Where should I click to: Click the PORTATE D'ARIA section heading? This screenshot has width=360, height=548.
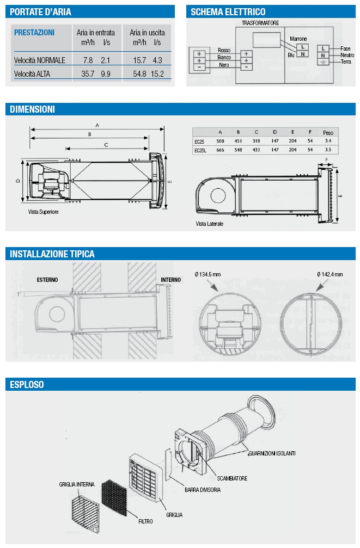pos(40,11)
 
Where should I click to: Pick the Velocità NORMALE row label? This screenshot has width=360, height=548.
pos(40,60)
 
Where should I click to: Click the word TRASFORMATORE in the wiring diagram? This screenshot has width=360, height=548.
pos(260,23)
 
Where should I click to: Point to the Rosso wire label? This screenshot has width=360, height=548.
pos(224,50)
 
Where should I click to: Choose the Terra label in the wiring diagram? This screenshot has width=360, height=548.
pos(346,62)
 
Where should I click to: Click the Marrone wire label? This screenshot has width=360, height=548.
pos(298,39)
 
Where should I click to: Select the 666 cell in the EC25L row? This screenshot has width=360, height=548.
pos(220,150)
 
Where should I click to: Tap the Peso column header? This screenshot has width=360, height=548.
pos(328,133)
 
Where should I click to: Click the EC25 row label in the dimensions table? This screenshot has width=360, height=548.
pos(199,141)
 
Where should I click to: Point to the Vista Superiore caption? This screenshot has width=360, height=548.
pos(43,212)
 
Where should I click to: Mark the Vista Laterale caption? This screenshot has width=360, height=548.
pos(210,223)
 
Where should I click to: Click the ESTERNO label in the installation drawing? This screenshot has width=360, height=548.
pos(47,280)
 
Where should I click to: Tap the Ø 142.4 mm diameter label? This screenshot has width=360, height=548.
pos(330,274)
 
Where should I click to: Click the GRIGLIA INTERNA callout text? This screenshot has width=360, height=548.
pos(77,484)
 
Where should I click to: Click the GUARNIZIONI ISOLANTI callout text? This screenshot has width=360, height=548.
pos(272,453)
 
